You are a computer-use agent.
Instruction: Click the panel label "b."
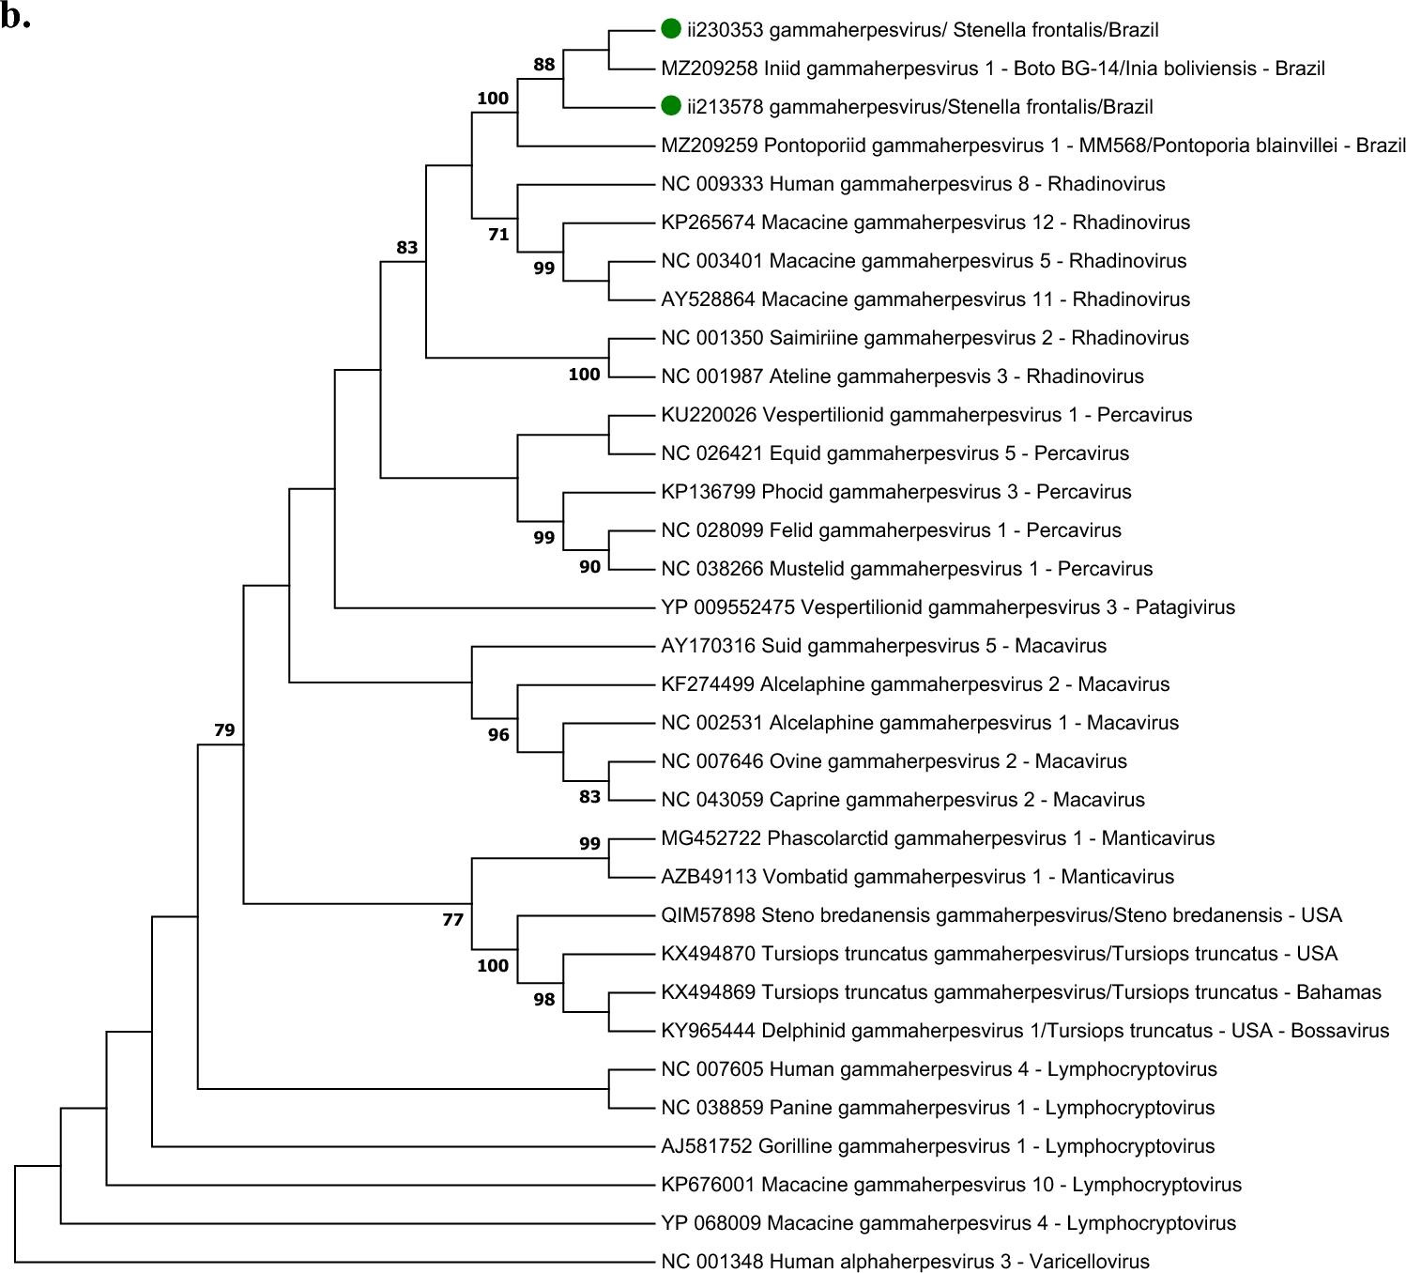click(16, 16)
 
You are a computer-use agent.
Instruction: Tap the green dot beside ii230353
click(670, 29)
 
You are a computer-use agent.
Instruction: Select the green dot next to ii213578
click(670, 106)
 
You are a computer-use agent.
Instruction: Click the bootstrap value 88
click(544, 65)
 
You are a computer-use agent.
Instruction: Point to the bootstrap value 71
click(498, 235)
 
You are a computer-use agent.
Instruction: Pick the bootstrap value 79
click(224, 729)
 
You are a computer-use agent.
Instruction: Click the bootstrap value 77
click(453, 920)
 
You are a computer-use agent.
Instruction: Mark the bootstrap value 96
click(498, 735)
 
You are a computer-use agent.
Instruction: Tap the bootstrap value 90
click(589, 567)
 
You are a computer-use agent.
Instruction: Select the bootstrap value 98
click(544, 1000)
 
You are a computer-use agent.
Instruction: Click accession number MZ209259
click(710, 146)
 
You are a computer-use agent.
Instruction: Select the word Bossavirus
click(1339, 1031)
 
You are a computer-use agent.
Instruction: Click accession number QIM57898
click(709, 915)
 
